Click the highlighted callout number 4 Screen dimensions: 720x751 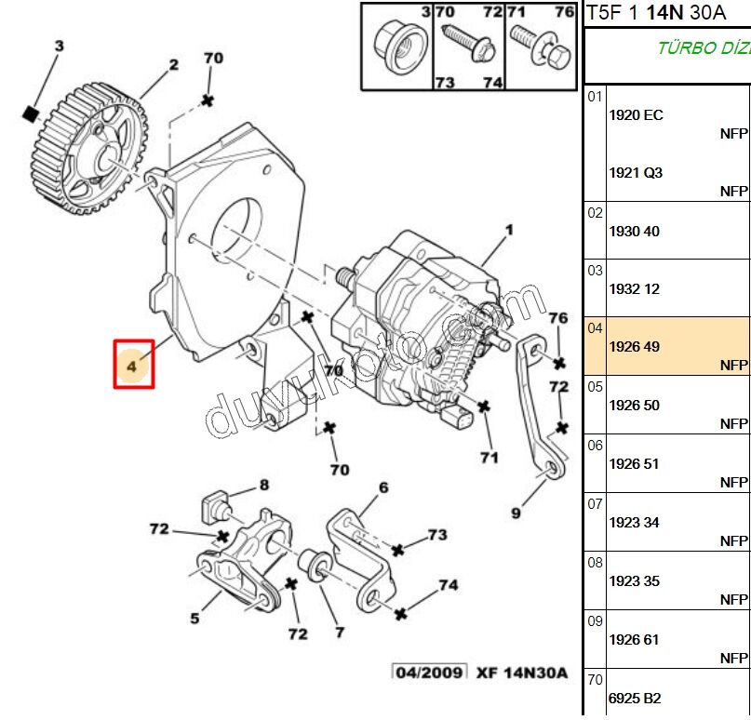coord(133,365)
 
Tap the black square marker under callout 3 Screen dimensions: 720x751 coord(31,113)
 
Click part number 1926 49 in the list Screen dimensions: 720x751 coord(634,347)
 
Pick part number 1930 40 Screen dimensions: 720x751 coord(634,232)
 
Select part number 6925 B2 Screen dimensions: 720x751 coord(635,698)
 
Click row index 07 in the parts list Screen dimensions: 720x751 coord(595,504)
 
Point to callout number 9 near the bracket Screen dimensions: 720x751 coord(516,511)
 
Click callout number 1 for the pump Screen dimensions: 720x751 coord(509,230)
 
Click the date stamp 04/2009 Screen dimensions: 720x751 coord(429,673)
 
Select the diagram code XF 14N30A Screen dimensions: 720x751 coord(521,673)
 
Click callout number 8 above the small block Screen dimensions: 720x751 coord(263,485)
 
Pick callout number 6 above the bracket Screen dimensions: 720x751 coord(382,487)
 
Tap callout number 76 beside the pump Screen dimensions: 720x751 coord(557,319)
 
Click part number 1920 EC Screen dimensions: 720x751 coord(636,115)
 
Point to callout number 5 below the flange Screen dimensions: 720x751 coord(195,618)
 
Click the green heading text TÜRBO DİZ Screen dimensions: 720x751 coord(704,48)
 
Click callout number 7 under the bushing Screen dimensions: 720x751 coord(340,632)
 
